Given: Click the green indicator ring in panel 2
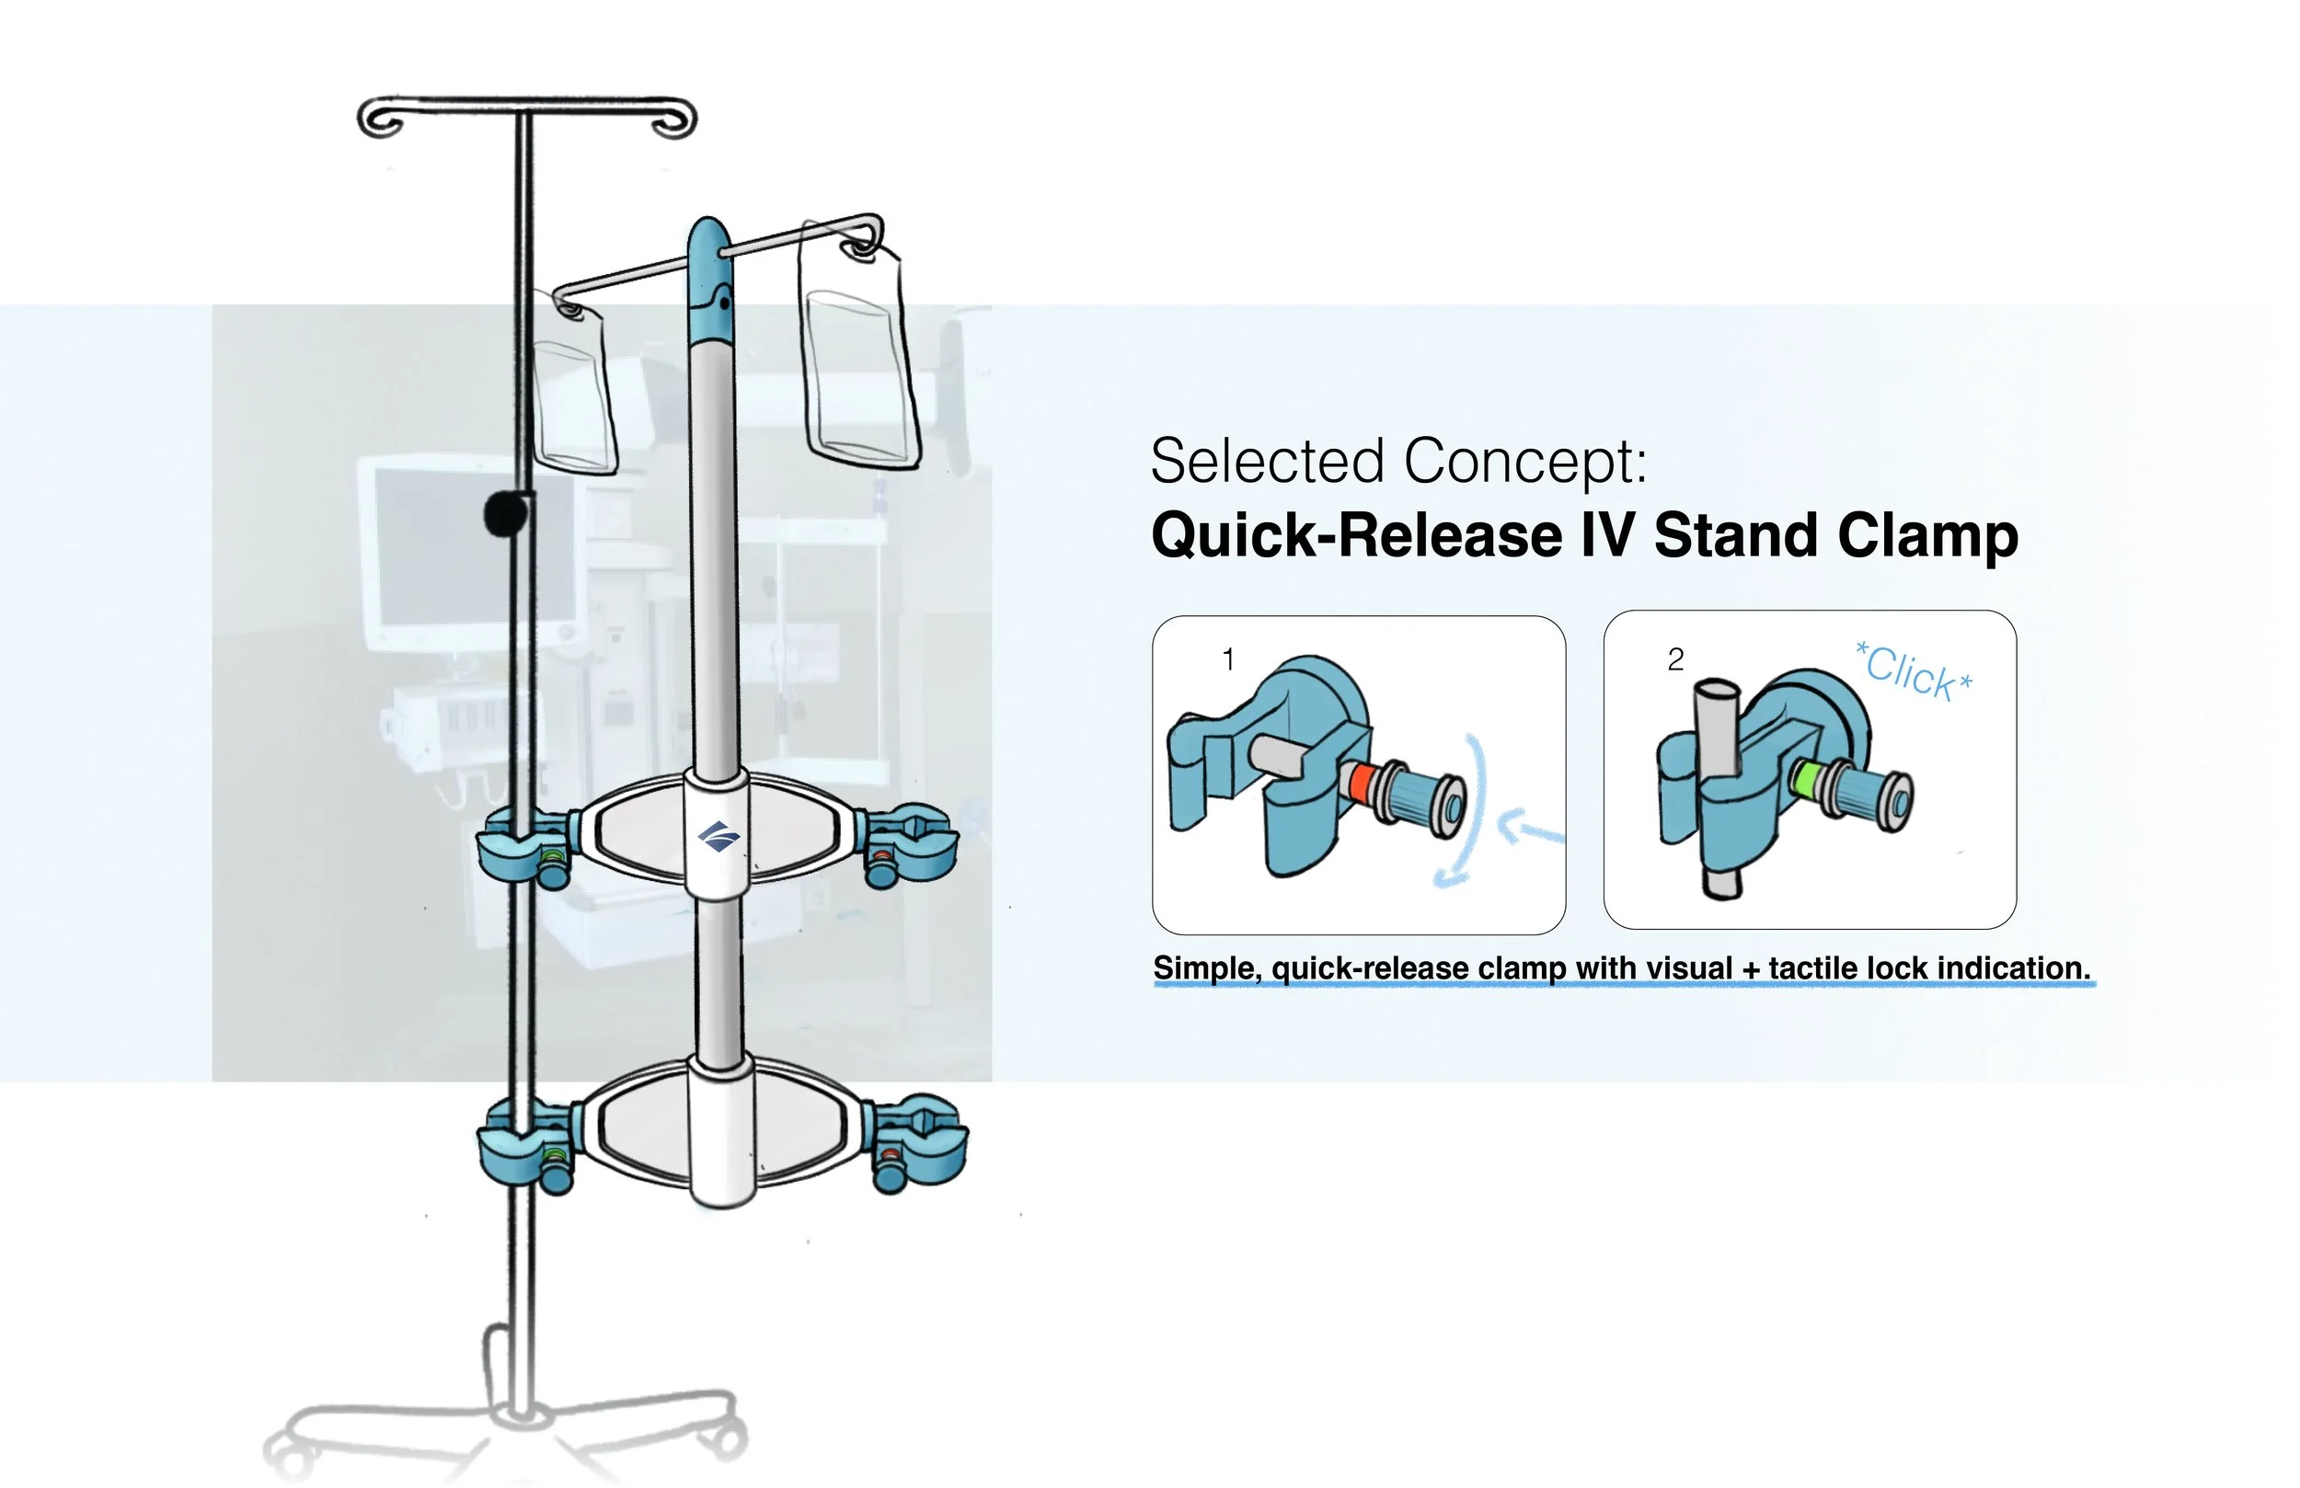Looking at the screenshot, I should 1805,777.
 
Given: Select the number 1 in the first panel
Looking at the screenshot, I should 1228,660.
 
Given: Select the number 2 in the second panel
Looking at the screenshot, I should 1675,660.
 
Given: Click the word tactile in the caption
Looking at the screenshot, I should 1813,968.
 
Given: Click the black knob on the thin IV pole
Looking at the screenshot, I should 504,514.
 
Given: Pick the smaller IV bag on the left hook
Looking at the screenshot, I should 575,396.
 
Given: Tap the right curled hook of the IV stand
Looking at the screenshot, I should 674,120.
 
